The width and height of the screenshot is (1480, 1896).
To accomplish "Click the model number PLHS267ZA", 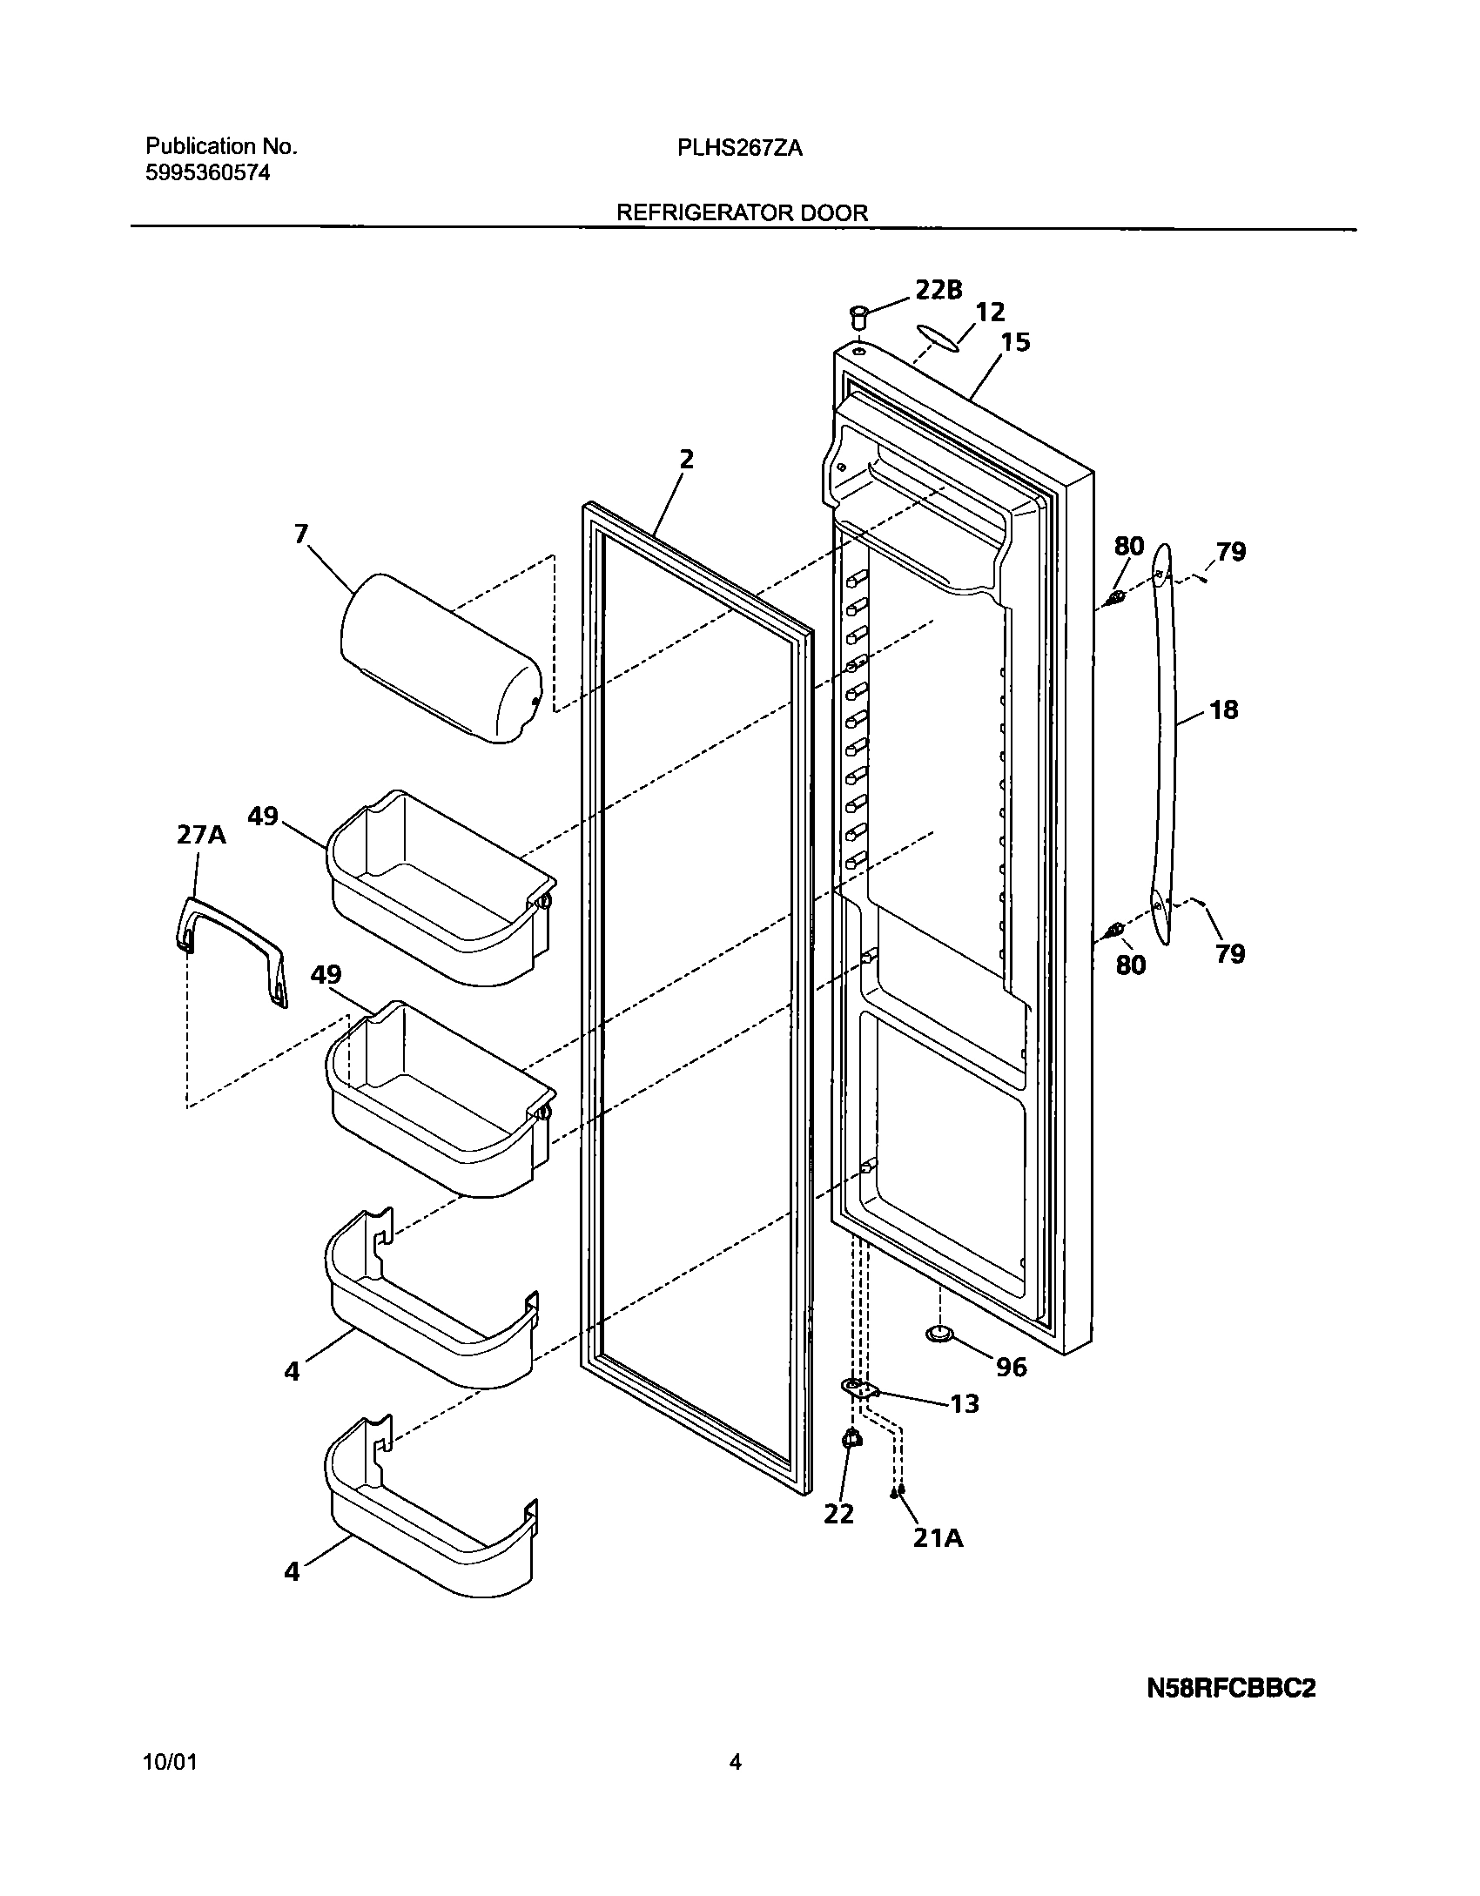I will pyautogui.click(x=740, y=149).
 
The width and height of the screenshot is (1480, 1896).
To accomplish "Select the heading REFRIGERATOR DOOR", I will pyautogui.click(x=742, y=213).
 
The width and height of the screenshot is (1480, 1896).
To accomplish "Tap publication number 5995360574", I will pyautogui.click(x=207, y=173).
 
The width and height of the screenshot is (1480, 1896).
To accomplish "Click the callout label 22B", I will pyautogui.click(x=938, y=290).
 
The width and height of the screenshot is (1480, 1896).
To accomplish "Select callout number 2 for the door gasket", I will pyautogui.click(x=686, y=459).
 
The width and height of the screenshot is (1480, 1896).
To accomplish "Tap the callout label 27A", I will pyautogui.click(x=201, y=835).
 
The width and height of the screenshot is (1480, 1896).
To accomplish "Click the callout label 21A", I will pyautogui.click(x=938, y=1538).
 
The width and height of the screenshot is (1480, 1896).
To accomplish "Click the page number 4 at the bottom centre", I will pyautogui.click(x=735, y=1763).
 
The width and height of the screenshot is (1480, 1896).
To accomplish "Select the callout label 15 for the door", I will pyautogui.click(x=1014, y=342).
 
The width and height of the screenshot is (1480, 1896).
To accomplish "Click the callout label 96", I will pyautogui.click(x=1011, y=1367).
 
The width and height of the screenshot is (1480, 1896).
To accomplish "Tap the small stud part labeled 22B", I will pyautogui.click(x=859, y=316).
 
